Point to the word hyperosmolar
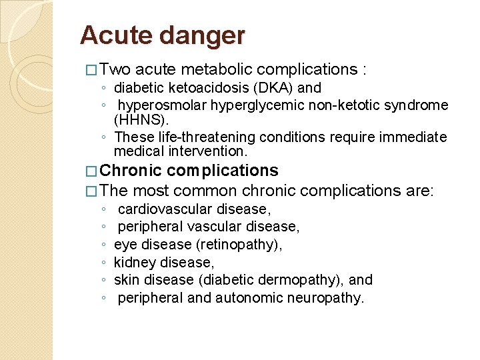pos(158,105)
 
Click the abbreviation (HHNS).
pos(141,121)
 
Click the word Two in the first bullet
pos(119,69)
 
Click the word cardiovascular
pos(165,209)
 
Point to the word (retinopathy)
pos(243,245)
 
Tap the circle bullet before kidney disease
pos(103,263)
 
